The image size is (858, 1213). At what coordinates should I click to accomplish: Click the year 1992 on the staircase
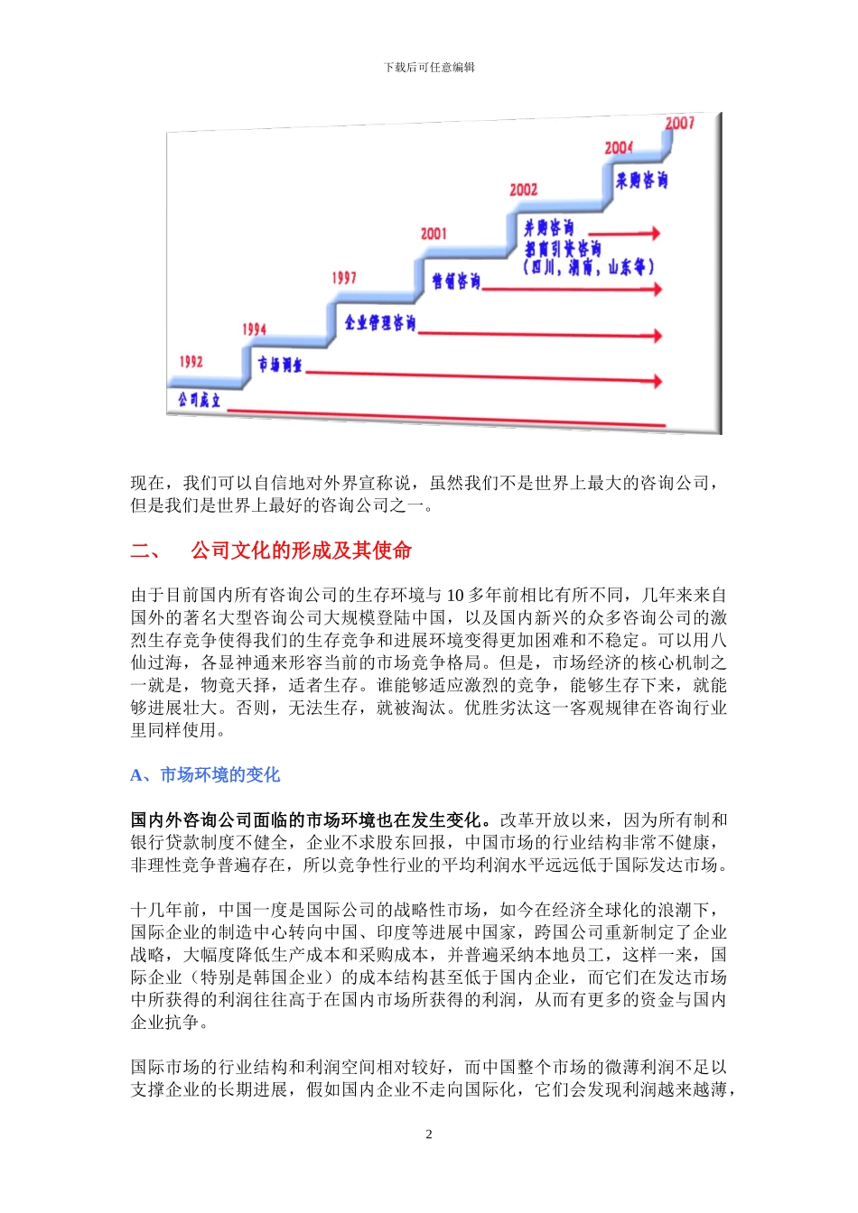click(191, 362)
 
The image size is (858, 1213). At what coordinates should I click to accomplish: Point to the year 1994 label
click(254, 329)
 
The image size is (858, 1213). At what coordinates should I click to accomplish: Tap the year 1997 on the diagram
click(344, 278)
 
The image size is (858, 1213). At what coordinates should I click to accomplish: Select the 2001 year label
click(434, 234)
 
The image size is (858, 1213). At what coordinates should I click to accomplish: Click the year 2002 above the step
click(523, 190)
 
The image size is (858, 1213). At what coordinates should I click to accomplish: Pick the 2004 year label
click(619, 147)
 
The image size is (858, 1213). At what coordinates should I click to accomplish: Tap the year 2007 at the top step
click(679, 124)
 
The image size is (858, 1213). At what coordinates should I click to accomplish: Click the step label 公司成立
click(199, 399)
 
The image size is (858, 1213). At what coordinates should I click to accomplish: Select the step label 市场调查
click(280, 365)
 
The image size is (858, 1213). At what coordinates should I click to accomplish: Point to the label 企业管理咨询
click(380, 322)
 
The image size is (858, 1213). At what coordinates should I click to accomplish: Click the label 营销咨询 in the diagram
click(456, 282)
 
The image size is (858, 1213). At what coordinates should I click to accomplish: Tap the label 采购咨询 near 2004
click(641, 181)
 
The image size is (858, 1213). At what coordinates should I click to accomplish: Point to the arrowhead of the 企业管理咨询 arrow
click(657, 336)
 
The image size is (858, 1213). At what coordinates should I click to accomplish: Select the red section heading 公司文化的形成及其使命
click(301, 551)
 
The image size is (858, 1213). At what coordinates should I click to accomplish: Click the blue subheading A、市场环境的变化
click(205, 775)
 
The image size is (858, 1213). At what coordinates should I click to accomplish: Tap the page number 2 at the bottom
click(429, 1134)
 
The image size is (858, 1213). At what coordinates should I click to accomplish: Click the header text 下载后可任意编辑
click(429, 68)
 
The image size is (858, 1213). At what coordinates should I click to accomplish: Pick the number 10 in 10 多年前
click(455, 596)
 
